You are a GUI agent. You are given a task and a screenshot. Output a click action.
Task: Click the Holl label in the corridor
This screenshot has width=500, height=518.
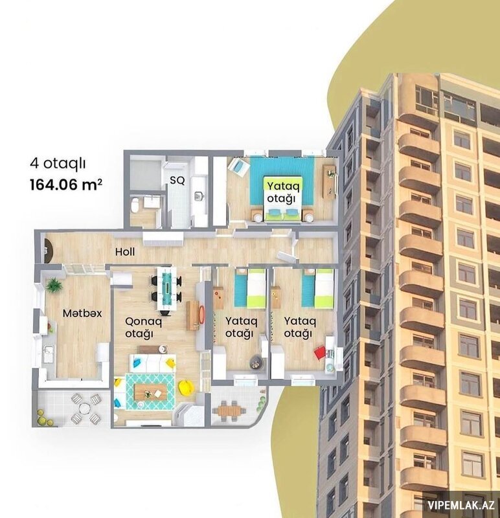click(x=125, y=252)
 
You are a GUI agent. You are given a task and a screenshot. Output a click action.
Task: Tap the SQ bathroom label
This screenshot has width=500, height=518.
click(x=177, y=181)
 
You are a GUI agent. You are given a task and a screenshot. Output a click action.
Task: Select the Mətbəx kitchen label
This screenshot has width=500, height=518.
click(x=82, y=313)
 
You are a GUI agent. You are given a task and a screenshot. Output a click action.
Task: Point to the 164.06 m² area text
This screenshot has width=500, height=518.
click(x=66, y=185)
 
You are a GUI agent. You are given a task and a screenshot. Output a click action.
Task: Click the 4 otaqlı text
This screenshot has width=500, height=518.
click(x=58, y=163)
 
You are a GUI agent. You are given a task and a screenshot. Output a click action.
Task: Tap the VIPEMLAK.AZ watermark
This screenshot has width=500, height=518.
click(x=461, y=505)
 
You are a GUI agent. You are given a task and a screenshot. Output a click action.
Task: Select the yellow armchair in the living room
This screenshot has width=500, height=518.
click(x=185, y=387)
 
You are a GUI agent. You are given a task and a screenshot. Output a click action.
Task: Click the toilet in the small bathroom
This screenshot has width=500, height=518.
click(x=135, y=205)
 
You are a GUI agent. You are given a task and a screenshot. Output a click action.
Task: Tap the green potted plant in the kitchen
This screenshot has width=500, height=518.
click(x=54, y=285)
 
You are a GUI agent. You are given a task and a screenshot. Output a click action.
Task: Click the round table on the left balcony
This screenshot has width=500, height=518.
click(x=85, y=409)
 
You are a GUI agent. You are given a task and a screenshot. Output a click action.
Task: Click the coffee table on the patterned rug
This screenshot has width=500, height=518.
click(x=150, y=392)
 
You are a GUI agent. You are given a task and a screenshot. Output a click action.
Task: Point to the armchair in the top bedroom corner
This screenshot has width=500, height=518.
click(x=238, y=167)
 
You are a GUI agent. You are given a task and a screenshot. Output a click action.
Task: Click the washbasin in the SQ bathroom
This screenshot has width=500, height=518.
click(x=199, y=196)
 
